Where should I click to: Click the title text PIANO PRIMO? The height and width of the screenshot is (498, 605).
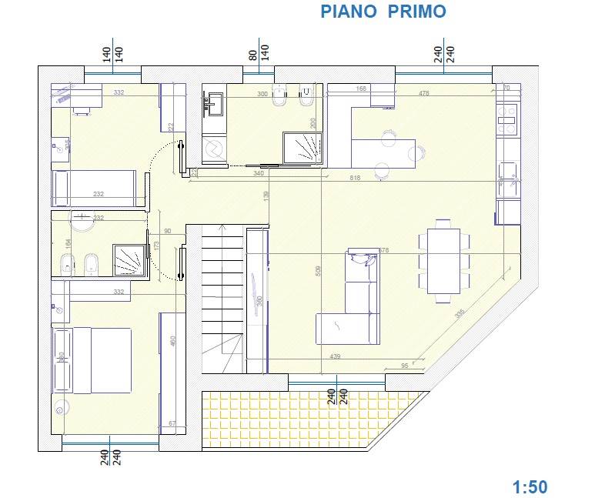click(383, 12)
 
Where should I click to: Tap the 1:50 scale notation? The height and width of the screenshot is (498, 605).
click(530, 486)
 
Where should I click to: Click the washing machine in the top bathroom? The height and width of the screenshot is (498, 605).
click(215, 149)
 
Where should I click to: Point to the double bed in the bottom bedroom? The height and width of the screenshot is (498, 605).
click(100, 359)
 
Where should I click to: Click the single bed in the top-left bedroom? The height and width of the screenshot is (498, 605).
click(94, 188)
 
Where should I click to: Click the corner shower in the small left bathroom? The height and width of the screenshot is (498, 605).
click(129, 259)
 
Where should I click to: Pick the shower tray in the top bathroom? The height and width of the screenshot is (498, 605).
click(304, 148)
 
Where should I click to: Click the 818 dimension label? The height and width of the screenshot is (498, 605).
click(355, 179)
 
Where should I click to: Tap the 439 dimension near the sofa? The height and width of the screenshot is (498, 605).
click(335, 356)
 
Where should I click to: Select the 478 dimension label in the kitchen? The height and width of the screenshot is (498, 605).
click(423, 94)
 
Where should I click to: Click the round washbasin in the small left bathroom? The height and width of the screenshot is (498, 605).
click(80, 219)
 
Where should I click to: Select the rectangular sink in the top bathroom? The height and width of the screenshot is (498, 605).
click(213, 102)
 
